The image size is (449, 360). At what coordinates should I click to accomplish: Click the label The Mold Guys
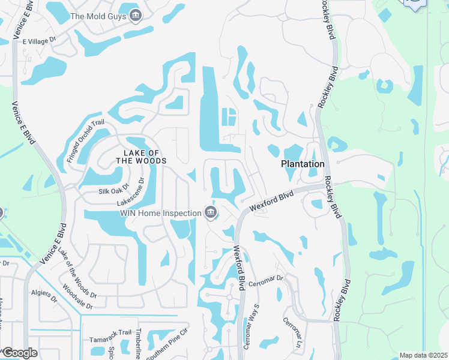[98, 16]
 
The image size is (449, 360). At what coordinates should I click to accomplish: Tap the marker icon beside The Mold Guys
[136, 16]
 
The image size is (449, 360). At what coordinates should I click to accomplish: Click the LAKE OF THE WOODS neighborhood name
[141, 157]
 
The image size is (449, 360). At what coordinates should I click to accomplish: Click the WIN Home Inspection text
[160, 213]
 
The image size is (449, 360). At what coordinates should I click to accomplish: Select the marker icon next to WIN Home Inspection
[211, 212]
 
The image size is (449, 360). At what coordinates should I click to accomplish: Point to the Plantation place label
[303, 164]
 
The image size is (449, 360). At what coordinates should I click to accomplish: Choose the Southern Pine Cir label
[167, 349]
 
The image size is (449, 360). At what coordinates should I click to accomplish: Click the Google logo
[20, 353]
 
